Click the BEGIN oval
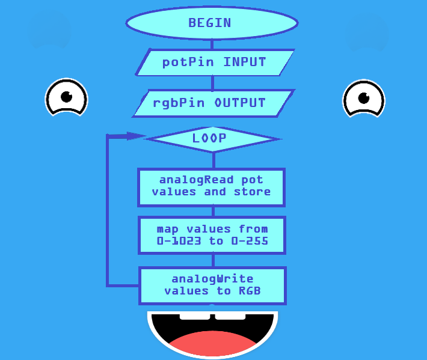(212, 23)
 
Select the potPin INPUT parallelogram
(214, 62)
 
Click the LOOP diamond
(212, 139)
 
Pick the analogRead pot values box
(211, 186)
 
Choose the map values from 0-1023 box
(212, 235)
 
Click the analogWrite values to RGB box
(212, 285)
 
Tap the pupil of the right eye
(363, 98)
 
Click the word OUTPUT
(240, 103)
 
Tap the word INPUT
(245, 62)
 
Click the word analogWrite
(212, 279)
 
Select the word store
(252, 192)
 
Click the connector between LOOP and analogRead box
(213, 160)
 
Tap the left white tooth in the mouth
(195, 316)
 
